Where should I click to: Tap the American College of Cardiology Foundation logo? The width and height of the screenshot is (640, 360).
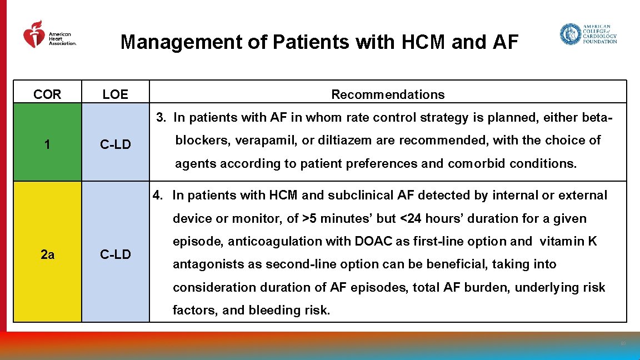click(x=588, y=34)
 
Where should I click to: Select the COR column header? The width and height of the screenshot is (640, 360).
click(x=47, y=94)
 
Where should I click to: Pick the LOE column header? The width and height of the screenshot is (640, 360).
click(x=115, y=94)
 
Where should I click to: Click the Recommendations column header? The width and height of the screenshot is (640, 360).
click(x=388, y=94)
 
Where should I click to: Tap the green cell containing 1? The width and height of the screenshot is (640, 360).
click(x=47, y=144)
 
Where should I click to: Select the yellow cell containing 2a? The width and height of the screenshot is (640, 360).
click(x=47, y=254)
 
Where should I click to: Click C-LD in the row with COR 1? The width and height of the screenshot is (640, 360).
click(x=115, y=145)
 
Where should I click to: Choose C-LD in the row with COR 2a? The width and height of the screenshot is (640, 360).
click(x=115, y=254)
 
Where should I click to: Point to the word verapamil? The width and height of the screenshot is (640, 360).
click(x=266, y=141)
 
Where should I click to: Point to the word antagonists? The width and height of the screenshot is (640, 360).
click(x=203, y=264)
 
